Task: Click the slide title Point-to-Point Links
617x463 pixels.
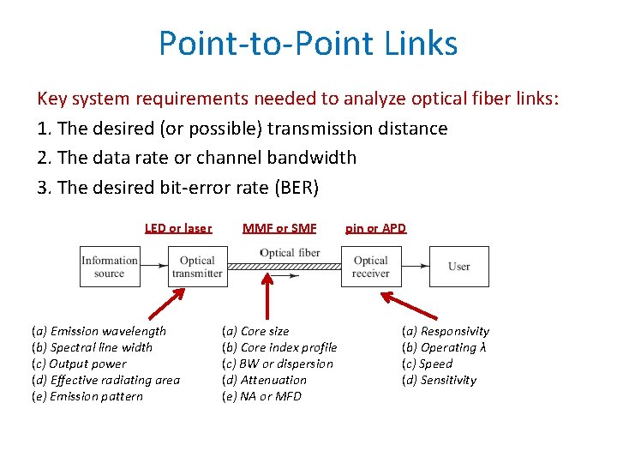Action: tap(308, 43)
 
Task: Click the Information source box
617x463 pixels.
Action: tap(109, 267)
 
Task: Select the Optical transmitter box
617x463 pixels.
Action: tap(197, 267)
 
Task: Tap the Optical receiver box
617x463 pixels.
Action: tap(370, 267)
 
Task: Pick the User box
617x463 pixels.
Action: tap(458, 267)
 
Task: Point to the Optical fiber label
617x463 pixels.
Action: tap(290, 253)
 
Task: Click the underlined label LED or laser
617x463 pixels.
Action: tap(178, 228)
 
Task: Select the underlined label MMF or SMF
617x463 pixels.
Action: tap(279, 228)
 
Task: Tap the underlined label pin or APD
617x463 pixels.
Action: tap(375, 228)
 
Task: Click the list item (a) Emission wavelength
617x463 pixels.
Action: tap(99, 331)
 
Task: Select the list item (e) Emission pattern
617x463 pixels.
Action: tap(87, 396)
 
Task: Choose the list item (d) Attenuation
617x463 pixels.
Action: tap(264, 380)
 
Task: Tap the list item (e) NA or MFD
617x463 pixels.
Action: tap(261, 396)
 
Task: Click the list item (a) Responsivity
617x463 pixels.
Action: tap(446, 331)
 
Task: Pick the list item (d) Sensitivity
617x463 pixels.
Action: tap(439, 380)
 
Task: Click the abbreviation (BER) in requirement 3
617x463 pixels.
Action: tap(307, 186)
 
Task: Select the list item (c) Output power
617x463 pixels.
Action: tap(78, 364)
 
